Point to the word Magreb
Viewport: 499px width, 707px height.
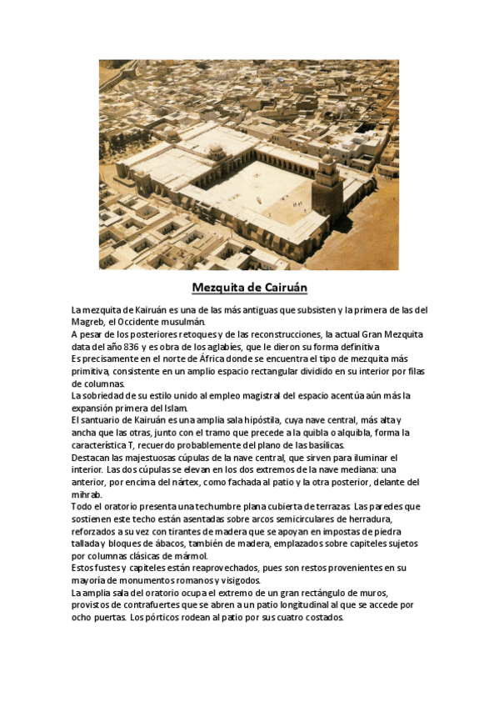pyautogui.click(x=87, y=322)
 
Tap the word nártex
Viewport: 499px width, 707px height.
pyautogui.click(x=187, y=482)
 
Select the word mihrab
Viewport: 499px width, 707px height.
pyautogui.click(x=87, y=494)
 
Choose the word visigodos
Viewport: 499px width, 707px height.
pyautogui.click(x=238, y=581)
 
